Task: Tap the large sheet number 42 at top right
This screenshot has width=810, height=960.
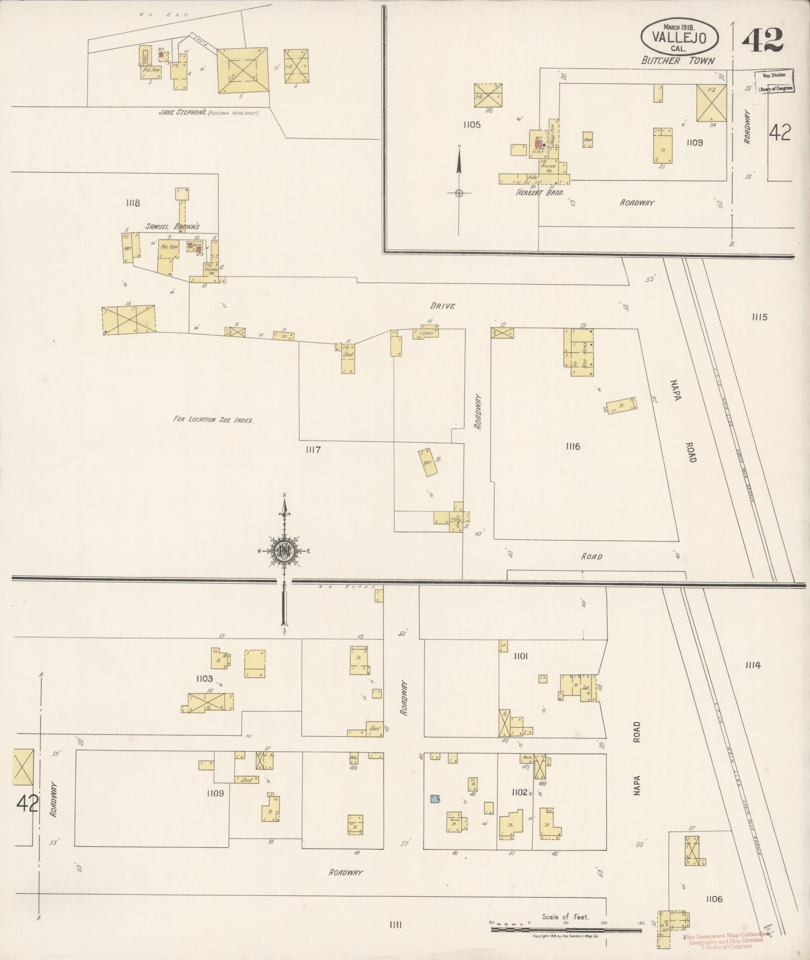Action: click(762, 40)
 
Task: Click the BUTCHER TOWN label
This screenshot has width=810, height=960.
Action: click(678, 61)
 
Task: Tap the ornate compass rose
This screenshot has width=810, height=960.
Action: click(284, 551)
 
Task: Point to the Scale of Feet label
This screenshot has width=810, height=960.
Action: click(565, 917)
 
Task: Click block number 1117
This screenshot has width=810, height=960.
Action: click(313, 450)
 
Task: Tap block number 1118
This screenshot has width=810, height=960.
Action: click(133, 203)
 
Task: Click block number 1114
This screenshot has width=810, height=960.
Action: click(753, 666)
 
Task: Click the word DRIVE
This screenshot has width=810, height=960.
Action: click(442, 306)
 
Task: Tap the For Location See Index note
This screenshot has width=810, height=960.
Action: click(213, 420)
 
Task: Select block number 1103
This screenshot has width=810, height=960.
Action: click(204, 679)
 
